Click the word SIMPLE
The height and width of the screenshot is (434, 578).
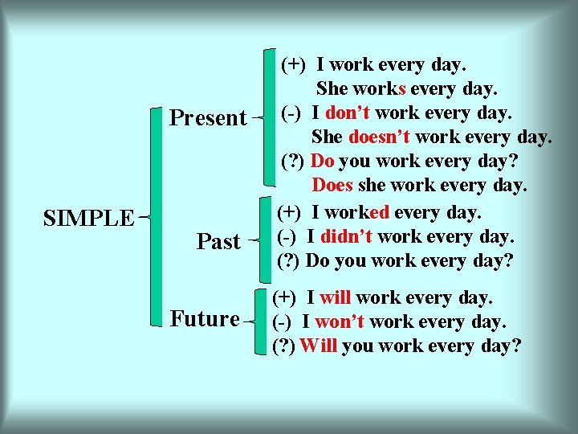click(88, 217)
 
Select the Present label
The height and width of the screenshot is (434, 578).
click(208, 118)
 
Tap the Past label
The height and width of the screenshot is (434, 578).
click(218, 241)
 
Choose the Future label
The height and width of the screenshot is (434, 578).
click(206, 318)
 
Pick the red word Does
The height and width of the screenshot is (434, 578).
click(332, 186)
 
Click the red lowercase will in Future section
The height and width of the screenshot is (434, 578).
click(336, 298)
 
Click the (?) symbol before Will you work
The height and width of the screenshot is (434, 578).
click(284, 346)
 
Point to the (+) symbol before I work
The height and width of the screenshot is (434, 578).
click(292, 63)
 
